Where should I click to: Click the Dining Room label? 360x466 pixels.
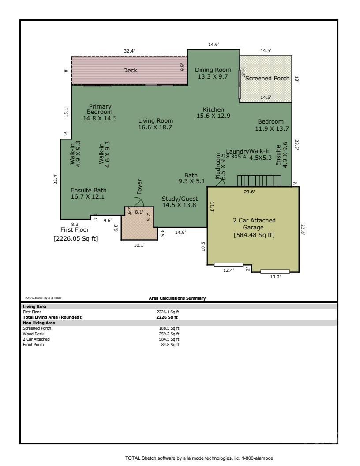[213, 70]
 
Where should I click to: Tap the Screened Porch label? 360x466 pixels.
[267, 78]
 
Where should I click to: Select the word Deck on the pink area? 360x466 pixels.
[130, 70]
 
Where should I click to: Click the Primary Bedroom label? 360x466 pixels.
[100, 109]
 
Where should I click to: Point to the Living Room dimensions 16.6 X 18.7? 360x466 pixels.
[155, 127]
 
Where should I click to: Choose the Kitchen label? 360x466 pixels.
[214, 109]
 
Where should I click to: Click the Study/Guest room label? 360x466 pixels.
[180, 199]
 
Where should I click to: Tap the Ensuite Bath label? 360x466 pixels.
[89, 190]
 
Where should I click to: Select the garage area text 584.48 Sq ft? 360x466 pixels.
[254, 235]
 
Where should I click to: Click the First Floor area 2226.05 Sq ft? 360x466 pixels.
[76, 238]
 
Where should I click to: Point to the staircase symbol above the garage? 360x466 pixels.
[259, 181]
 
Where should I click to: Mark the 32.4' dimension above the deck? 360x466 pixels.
[129, 51]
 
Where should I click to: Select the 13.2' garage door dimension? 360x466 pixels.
[275, 277]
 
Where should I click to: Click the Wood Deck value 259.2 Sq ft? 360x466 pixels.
[171, 334]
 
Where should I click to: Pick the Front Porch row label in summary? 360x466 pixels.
[33, 344]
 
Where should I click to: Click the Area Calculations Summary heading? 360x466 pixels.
[177, 298]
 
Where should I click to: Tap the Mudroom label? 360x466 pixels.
[217, 166]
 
